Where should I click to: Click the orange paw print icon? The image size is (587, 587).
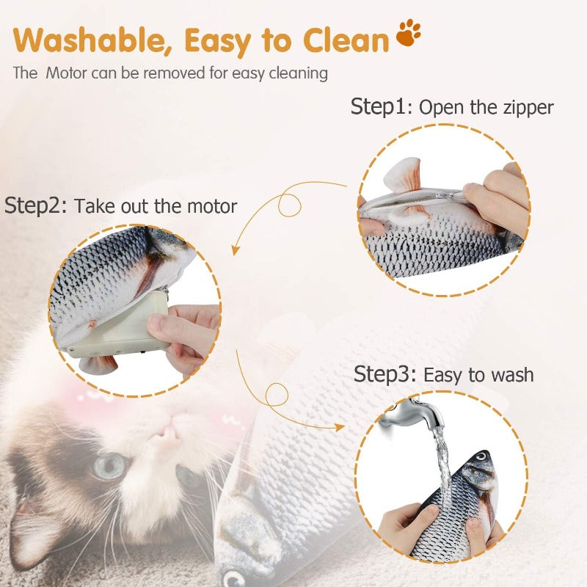pyautogui.click(x=409, y=34)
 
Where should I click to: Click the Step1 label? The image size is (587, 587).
pyautogui.click(x=382, y=106)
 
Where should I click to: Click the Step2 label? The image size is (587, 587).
pyautogui.click(x=36, y=205)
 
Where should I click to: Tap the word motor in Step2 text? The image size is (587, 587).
pyautogui.click(x=210, y=206)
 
